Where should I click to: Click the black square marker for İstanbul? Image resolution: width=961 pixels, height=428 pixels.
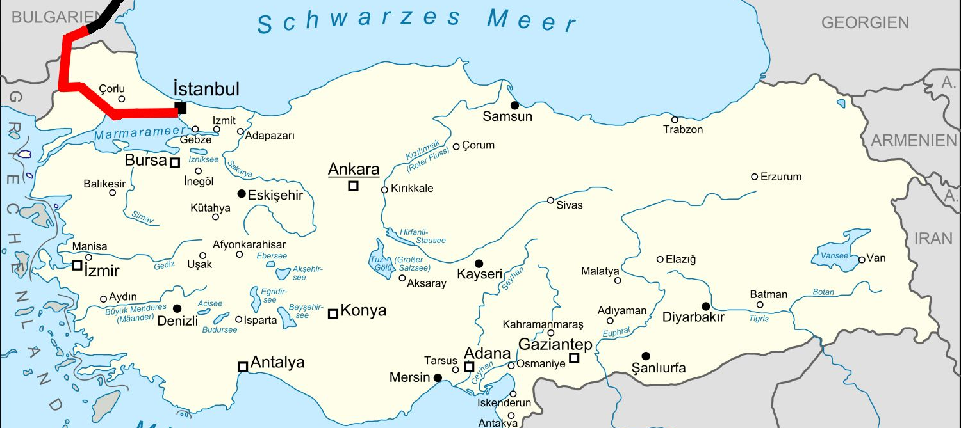[181, 108]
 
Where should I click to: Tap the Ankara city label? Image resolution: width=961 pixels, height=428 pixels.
[354, 170]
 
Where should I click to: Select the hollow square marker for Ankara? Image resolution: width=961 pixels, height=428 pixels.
[353, 186]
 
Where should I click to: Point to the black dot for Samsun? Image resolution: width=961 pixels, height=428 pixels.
[514, 105]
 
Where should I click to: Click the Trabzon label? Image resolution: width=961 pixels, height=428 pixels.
[683, 130]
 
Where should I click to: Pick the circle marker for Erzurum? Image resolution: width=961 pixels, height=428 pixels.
[754, 177]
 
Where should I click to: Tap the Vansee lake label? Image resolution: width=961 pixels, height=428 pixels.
[834, 256]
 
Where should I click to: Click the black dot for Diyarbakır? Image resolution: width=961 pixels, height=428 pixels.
[705, 306]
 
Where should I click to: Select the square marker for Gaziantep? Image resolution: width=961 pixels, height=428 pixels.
[574, 358]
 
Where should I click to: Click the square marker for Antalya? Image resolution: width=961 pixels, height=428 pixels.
[243, 367]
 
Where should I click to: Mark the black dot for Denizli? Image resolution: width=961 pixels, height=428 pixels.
[177, 308]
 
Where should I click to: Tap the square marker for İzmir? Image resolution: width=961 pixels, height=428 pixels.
[77, 265]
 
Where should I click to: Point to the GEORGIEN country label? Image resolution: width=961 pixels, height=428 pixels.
[865, 23]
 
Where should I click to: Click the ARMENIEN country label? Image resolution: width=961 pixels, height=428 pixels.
[914, 141]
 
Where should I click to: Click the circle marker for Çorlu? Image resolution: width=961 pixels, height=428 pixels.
[122, 99]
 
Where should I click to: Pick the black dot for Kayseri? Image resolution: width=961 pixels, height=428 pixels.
[479, 264]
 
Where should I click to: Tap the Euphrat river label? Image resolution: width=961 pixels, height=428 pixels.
[616, 333]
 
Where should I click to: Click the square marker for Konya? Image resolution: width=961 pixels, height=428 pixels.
[333, 313]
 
